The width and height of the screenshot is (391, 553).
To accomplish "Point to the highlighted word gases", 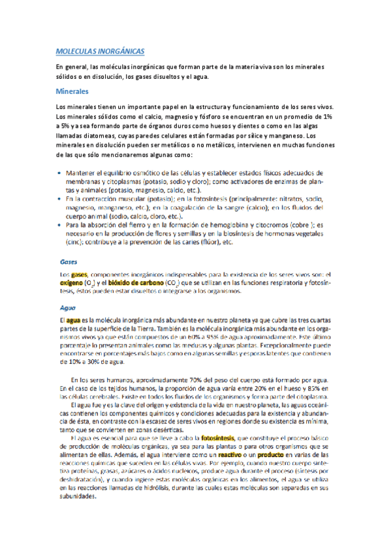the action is [79, 275].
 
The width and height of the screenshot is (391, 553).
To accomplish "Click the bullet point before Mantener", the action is [60, 172].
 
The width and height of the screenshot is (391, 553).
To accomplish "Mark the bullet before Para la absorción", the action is [60, 224].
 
